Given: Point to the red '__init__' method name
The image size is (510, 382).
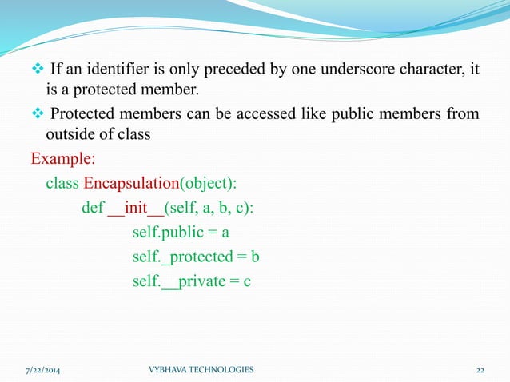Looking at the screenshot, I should (x=135, y=209).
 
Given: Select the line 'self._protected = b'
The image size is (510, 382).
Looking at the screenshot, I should (x=197, y=257).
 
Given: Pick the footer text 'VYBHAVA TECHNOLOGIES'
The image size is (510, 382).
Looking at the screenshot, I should (x=201, y=369).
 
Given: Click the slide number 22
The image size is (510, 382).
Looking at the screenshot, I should (x=480, y=369).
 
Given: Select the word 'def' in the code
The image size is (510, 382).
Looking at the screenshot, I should (x=92, y=209).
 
